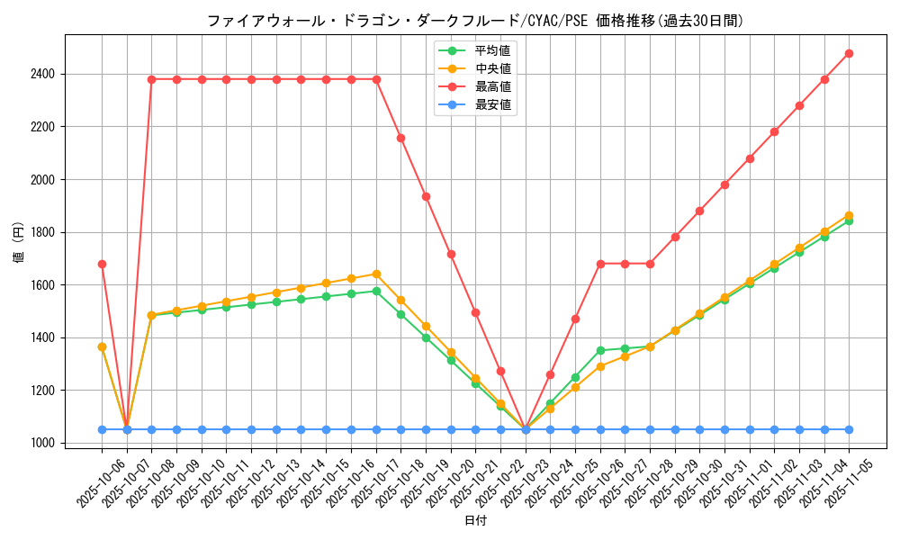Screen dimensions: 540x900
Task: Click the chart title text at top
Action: tap(475, 21)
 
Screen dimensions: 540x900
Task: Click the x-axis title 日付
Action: tap(475, 521)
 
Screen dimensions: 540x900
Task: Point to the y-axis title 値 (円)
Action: tap(18, 243)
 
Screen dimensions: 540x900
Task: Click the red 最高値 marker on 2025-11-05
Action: tap(849, 53)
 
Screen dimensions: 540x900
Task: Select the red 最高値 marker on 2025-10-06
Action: tap(102, 264)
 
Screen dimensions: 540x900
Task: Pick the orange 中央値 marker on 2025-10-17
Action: tap(376, 274)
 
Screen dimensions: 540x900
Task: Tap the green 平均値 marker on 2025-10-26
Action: tap(600, 350)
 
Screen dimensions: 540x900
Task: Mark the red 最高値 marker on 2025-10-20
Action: tap(451, 254)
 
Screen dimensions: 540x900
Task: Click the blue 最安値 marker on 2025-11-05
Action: tap(849, 429)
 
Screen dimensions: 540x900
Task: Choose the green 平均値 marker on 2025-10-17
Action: tap(376, 291)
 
